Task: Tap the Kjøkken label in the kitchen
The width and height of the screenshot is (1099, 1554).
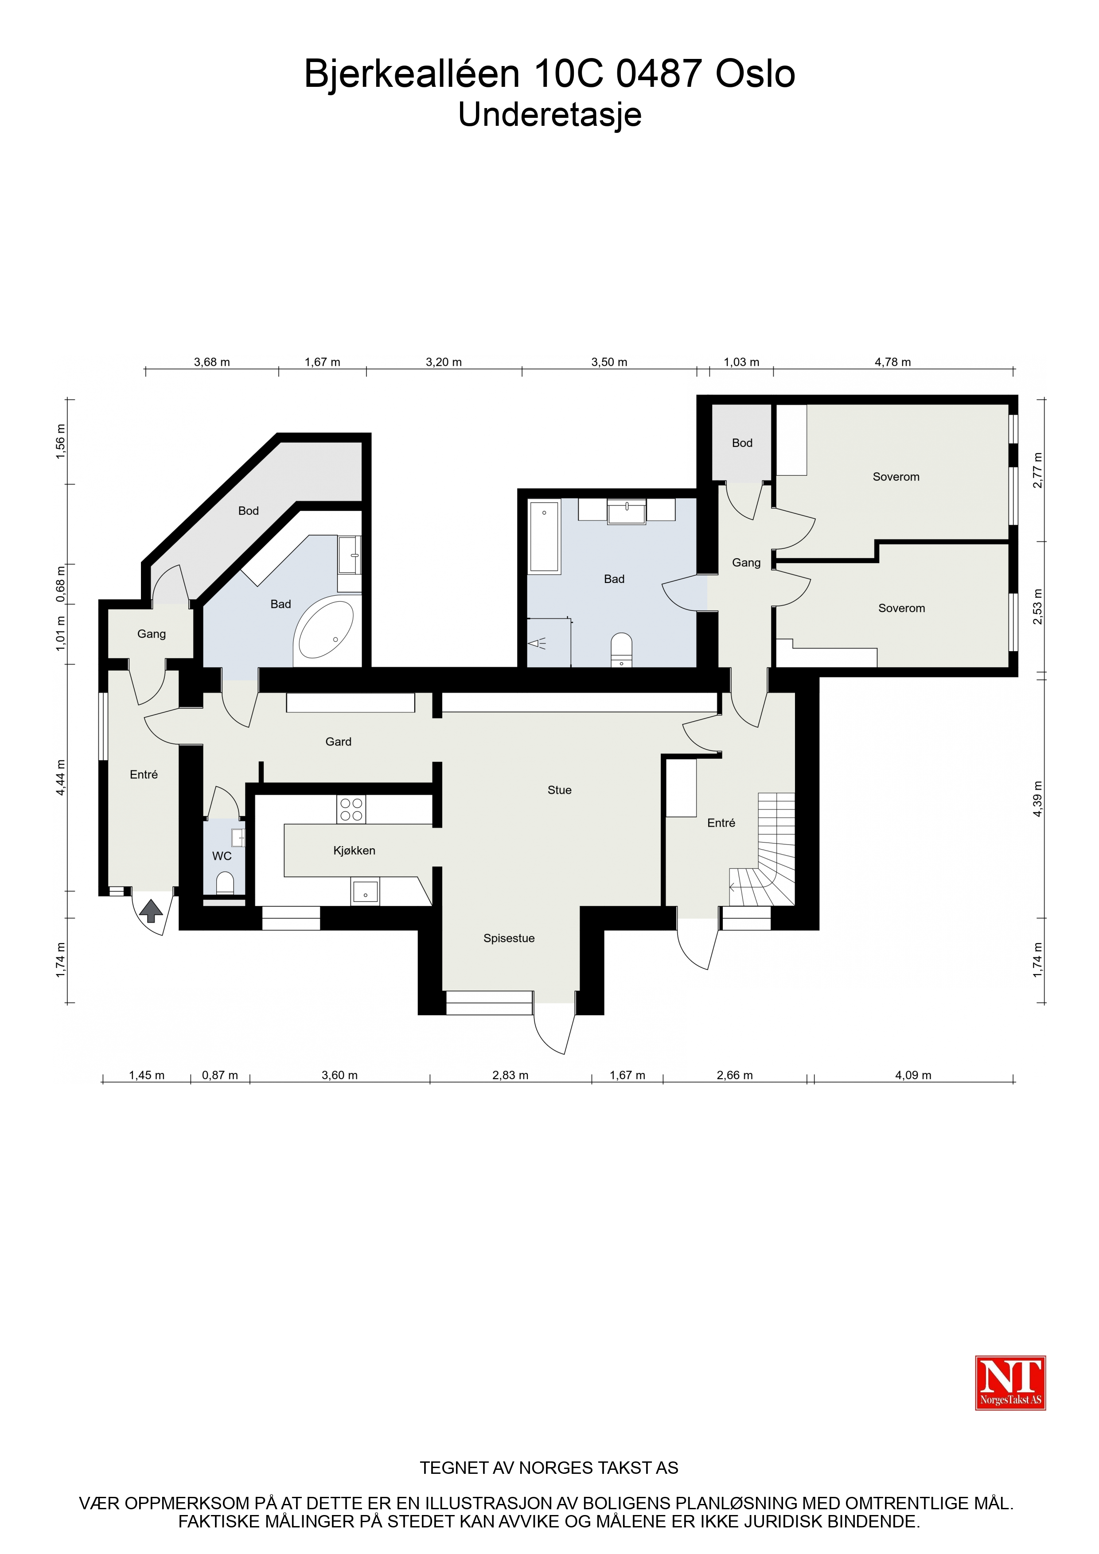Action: (x=354, y=851)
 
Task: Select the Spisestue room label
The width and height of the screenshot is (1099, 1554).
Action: (x=509, y=938)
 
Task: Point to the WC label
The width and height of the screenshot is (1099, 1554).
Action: (x=222, y=856)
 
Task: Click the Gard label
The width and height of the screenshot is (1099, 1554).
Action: (x=339, y=742)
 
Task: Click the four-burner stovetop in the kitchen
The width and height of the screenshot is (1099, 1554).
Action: (x=351, y=809)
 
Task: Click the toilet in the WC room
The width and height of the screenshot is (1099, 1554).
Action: (x=225, y=883)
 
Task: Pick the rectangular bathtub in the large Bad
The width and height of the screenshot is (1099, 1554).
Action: (x=545, y=537)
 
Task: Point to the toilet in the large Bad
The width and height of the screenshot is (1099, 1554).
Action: (x=622, y=650)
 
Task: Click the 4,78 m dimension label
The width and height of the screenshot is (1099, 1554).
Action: (x=892, y=362)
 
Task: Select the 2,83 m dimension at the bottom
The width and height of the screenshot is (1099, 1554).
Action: (x=510, y=1075)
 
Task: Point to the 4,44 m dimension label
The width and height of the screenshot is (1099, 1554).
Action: (x=61, y=778)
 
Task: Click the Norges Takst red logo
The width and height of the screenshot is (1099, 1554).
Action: (x=1010, y=1383)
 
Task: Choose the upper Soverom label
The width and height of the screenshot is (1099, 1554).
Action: (x=896, y=477)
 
